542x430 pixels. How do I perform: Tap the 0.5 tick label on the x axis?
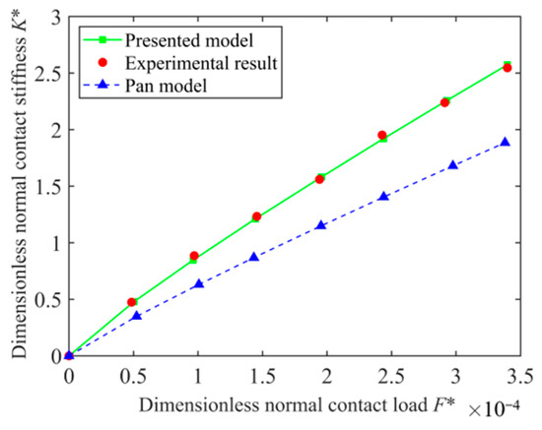click(x=132, y=376)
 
